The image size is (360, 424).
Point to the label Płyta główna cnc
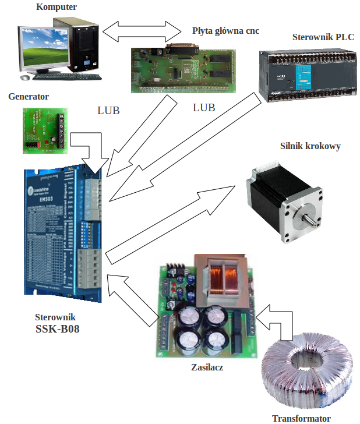(x=225, y=30)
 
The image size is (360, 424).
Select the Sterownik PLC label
(x=323, y=37)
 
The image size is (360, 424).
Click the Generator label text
(x=29, y=97)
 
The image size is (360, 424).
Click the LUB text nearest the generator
(x=108, y=110)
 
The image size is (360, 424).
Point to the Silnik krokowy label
(x=310, y=146)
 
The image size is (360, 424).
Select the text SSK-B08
(x=58, y=329)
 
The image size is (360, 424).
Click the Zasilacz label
(x=207, y=368)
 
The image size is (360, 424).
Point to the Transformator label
(x=301, y=418)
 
